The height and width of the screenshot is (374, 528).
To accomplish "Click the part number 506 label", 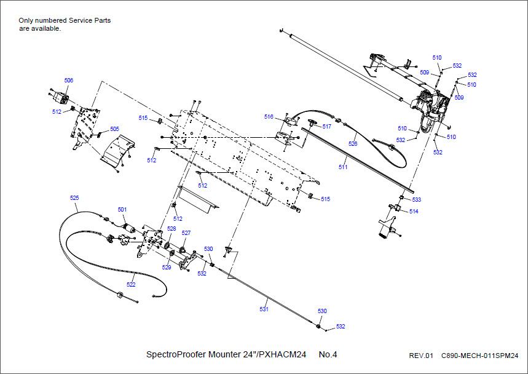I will (69, 80).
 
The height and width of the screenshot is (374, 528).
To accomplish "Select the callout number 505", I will (114, 129).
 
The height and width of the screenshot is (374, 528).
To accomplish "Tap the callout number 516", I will (269, 116).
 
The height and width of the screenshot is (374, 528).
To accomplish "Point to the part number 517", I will (327, 127).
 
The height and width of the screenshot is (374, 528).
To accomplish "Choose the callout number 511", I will (342, 167).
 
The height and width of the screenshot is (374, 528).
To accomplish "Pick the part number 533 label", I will (417, 199).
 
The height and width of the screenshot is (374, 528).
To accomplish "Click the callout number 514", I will (414, 211).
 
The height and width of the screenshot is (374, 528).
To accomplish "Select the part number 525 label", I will (74, 198).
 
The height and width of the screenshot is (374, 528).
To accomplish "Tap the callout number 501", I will (122, 210).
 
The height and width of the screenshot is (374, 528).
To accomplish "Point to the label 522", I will (131, 284).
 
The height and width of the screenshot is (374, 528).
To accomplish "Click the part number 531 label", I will (264, 309).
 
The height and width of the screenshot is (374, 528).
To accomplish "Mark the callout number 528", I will (171, 228).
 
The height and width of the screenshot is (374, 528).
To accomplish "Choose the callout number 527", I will (186, 233).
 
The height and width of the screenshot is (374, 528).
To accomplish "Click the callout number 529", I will (167, 268).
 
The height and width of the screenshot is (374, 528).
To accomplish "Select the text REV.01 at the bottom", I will (421, 356).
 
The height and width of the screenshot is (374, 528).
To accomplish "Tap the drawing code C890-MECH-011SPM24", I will (476, 356).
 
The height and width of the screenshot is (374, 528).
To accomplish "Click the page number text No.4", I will (328, 354).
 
